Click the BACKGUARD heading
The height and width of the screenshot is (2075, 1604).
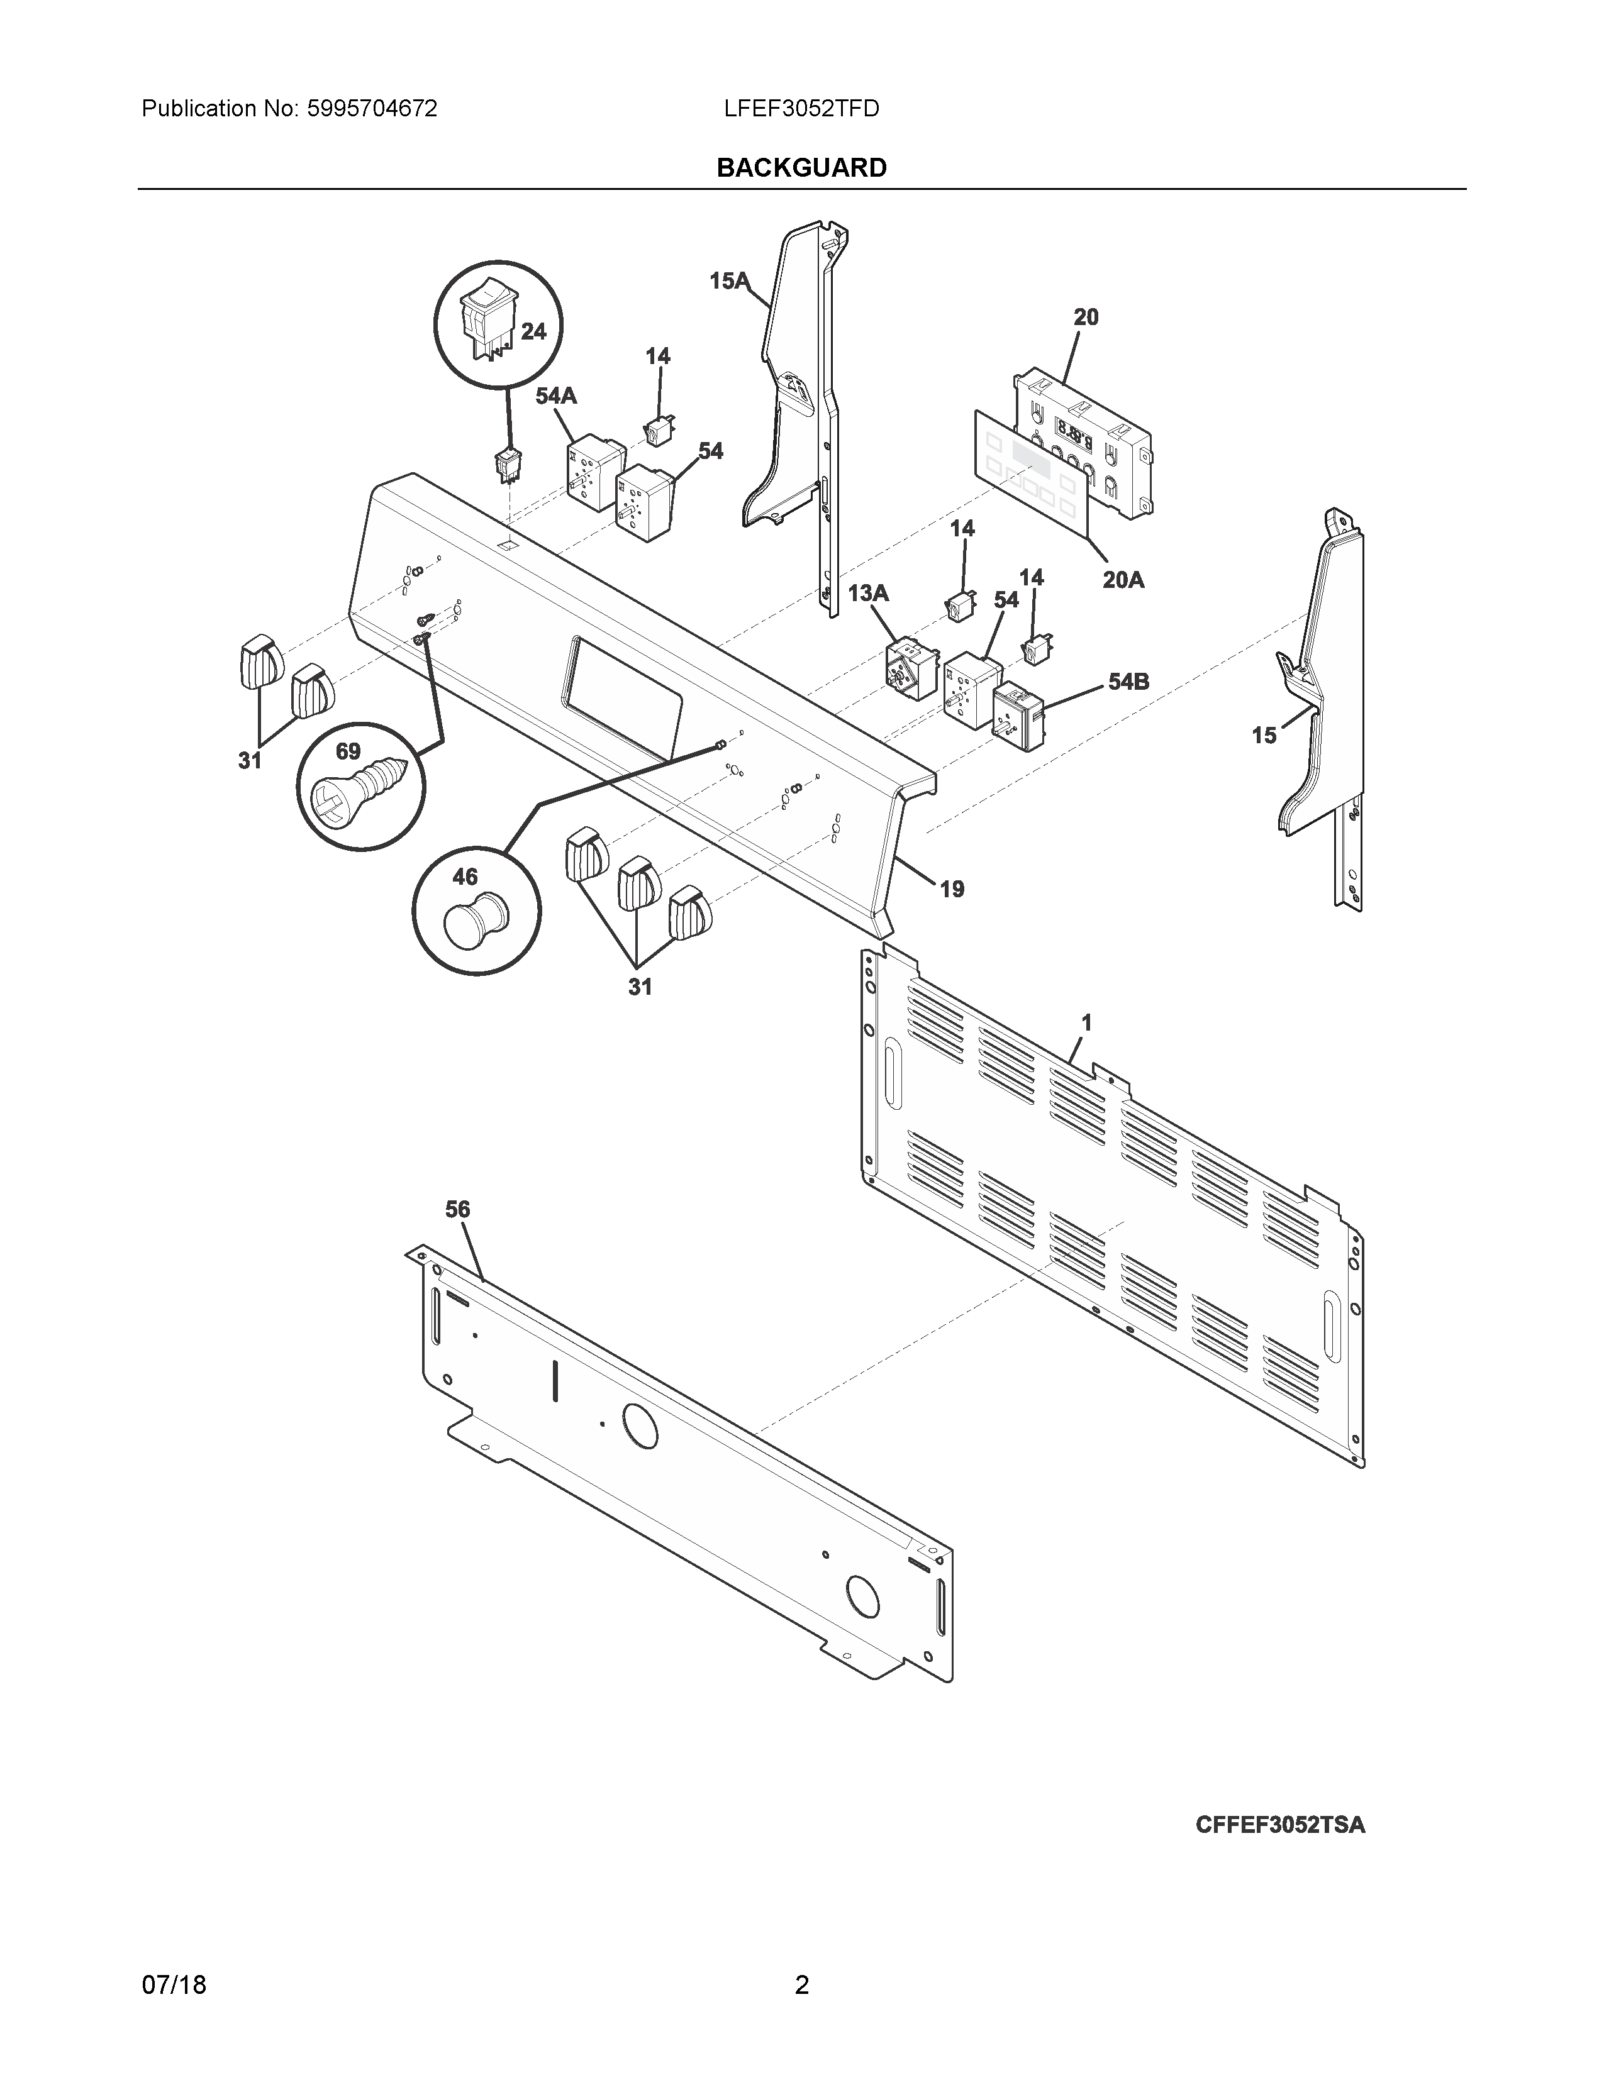pyautogui.click(x=801, y=168)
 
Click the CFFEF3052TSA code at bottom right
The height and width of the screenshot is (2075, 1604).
pyautogui.click(x=1280, y=1825)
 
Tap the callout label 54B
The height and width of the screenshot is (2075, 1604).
pyautogui.click(x=1128, y=681)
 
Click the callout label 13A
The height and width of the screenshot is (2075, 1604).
pyautogui.click(x=867, y=594)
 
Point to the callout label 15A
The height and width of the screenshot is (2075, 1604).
pyautogui.click(x=729, y=280)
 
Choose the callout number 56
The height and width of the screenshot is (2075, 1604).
pyautogui.click(x=457, y=1209)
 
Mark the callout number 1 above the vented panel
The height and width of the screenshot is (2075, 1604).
pyautogui.click(x=1086, y=1022)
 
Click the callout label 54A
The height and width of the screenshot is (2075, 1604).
pyautogui.click(x=556, y=396)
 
